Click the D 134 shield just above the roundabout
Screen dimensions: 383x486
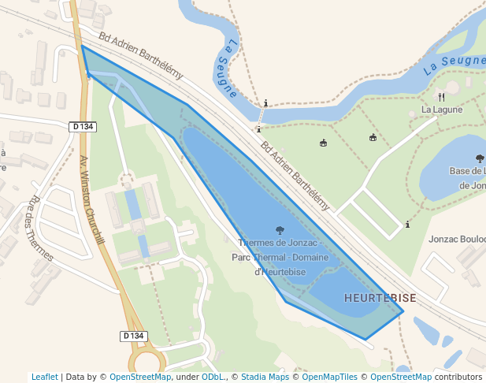pos(135,336)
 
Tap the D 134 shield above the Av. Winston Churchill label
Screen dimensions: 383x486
pos(82,127)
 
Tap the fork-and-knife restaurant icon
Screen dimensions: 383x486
pos(441,97)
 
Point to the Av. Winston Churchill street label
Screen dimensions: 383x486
pos(92,199)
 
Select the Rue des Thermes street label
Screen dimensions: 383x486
pos(40,229)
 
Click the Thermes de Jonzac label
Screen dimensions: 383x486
pos(277,243)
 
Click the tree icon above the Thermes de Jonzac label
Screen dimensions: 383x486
pos(280,230)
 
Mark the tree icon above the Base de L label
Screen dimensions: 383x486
pos(480,158)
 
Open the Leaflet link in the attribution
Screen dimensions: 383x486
pos(45,377)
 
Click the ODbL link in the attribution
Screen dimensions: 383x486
pos(213,377)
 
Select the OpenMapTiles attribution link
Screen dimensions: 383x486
pos(329,377)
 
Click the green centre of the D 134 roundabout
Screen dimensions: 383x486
pos(147,365)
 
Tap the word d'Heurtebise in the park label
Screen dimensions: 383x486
pos(280,271)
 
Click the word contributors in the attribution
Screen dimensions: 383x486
pos(458,377)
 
